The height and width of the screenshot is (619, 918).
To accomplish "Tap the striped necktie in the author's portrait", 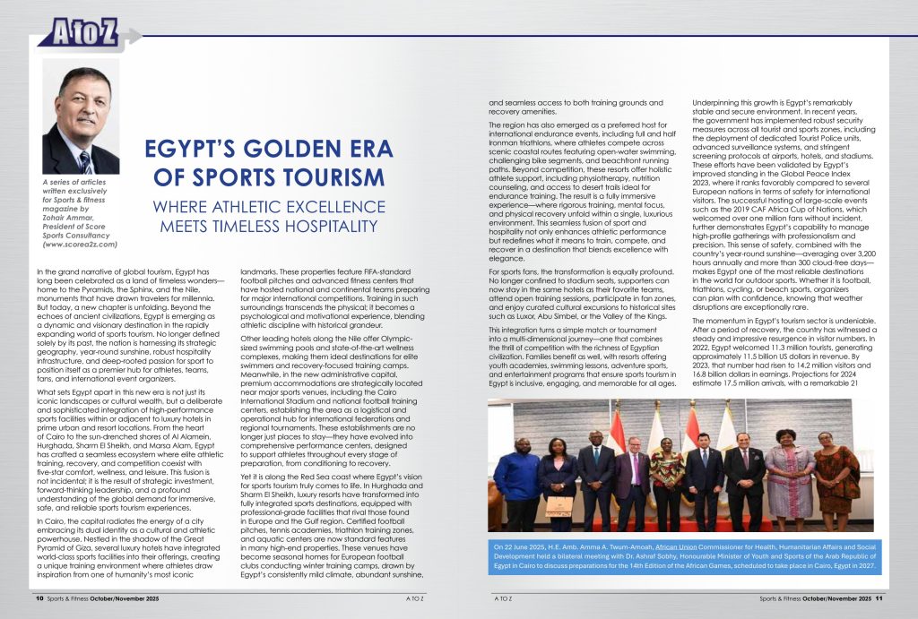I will point(86,161).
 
